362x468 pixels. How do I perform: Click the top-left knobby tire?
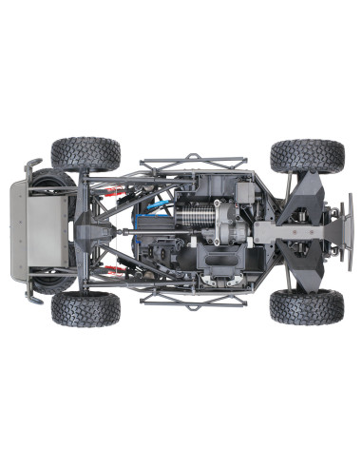[x=86, y=154]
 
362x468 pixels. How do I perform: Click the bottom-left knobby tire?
[x=86, y=308]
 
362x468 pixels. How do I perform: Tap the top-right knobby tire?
[x=306, y=156]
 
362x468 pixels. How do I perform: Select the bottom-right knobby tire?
[x=305, y=306]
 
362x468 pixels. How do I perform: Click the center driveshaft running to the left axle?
[x=124, y=231]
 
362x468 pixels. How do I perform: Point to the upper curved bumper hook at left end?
[x=34, y=166]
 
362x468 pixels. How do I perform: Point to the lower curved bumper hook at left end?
[x=34, y=297]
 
